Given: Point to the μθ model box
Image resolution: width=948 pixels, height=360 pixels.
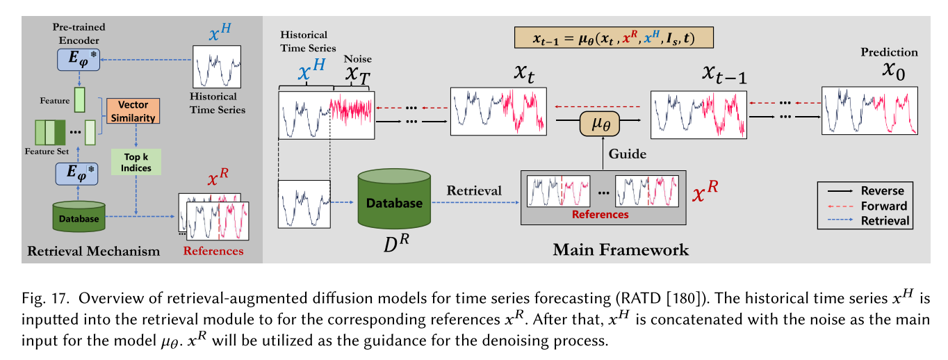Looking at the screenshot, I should coord(600,125).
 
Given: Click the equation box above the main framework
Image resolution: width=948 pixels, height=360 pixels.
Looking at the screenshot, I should coord(614,38).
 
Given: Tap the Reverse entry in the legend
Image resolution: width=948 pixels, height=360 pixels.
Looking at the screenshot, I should coord(882,190).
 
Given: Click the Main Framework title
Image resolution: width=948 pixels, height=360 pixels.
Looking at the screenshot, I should coord(621,249).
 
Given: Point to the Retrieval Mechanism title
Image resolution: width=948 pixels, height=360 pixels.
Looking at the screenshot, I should coord(94,251).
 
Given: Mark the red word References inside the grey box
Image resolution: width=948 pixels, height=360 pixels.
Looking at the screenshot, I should coord(600,214).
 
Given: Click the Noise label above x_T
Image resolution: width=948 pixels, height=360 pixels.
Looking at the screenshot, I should coord(352,59).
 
